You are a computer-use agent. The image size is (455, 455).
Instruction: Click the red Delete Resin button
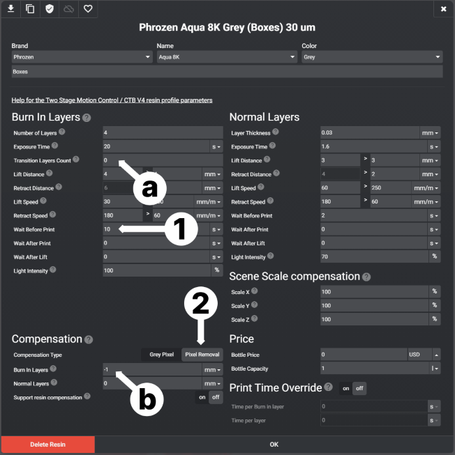(x=47, y=444)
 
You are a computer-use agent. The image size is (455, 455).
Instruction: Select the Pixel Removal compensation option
(x=202, y=355)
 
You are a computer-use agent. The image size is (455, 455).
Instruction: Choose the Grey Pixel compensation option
(x=161, y=355)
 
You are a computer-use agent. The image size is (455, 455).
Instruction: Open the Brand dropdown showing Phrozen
(x=82, y=57)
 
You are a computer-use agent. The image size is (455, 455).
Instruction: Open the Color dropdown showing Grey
(x=371, y=57)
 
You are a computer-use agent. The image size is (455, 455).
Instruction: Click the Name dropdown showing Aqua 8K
(x=226, y=57)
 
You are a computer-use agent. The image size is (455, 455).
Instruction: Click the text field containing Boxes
(x=227, y=71)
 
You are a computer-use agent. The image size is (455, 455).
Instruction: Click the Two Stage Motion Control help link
(x=112, y=100)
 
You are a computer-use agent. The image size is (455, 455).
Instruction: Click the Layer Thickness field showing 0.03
(x=368, y=132)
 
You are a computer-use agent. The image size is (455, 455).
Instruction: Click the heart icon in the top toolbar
(x=88, y=9)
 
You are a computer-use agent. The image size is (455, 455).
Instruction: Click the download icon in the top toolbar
(x=11, y=9)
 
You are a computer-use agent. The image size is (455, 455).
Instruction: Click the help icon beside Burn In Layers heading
(x=87, y=118)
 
